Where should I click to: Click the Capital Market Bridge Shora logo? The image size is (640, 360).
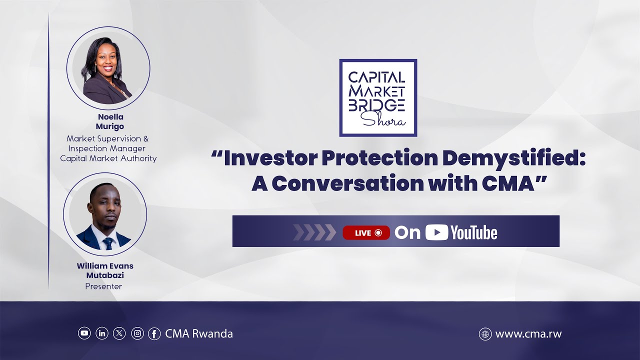point(378,97)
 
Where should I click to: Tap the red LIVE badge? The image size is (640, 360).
point(366,232)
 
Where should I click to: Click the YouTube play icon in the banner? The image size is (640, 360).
point(436,232)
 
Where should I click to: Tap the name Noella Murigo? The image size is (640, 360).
point(109,121)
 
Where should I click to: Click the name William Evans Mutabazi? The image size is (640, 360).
point(105,270)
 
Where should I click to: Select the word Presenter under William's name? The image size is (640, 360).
point(103,286)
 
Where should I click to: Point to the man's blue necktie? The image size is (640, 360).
point(107,243)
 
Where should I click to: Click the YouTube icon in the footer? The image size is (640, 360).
point(84,333)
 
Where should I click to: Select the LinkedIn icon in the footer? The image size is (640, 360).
point(102,333)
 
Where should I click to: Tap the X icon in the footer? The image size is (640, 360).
point(119,333)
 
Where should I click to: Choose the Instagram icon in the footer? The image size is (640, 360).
point(137,333)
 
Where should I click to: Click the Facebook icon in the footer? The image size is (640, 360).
point(154,333)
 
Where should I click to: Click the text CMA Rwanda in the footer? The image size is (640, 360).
point(199,333)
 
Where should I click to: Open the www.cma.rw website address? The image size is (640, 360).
point(528,334)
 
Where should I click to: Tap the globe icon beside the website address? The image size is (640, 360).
point(485,334)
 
